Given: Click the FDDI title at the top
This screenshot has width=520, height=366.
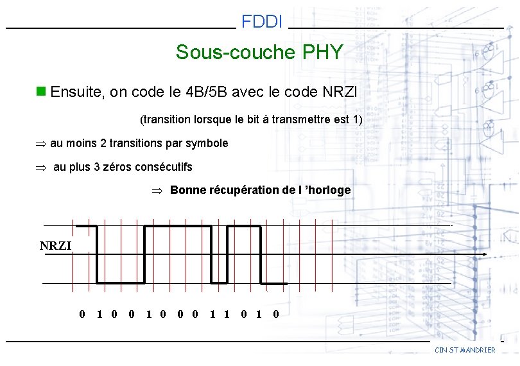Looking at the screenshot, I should point(262,22).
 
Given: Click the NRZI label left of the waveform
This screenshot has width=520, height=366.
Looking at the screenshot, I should point(56,245).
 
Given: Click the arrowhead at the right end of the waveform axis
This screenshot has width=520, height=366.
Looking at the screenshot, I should point(485,255).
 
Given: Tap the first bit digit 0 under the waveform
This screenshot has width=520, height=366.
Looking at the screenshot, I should point(82,314).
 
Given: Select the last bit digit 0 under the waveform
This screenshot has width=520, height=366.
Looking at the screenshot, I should point(275,314).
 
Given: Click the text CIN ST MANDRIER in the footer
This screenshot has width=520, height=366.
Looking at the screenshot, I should point(465,350).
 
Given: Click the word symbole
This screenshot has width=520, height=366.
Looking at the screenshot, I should point(207,143).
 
